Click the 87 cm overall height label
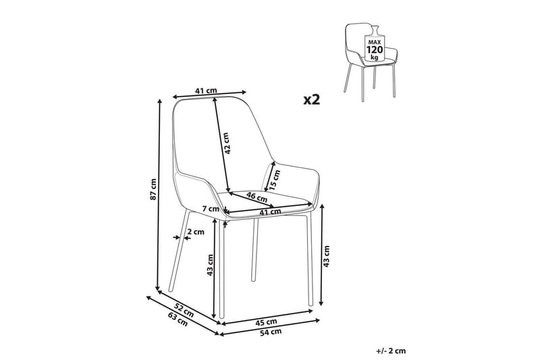point(154,190)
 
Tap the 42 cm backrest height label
point(225,143)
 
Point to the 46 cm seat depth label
point(256,197)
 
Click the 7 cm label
point(211,209)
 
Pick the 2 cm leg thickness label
point(195,232)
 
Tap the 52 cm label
point(184,310)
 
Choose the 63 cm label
point(178,319)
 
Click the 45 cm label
point(266,322)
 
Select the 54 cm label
point(271,332)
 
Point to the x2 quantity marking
point(312,99)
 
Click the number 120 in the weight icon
point(375,49)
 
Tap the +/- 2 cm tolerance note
point(391,351)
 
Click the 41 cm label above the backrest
point(206,91)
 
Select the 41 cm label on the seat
point(270,212)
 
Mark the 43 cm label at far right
point(327,256)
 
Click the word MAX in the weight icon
point(375,42)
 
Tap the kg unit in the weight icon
point(375,57)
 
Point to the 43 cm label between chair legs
point(211,265)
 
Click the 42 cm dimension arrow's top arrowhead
point(214,99)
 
